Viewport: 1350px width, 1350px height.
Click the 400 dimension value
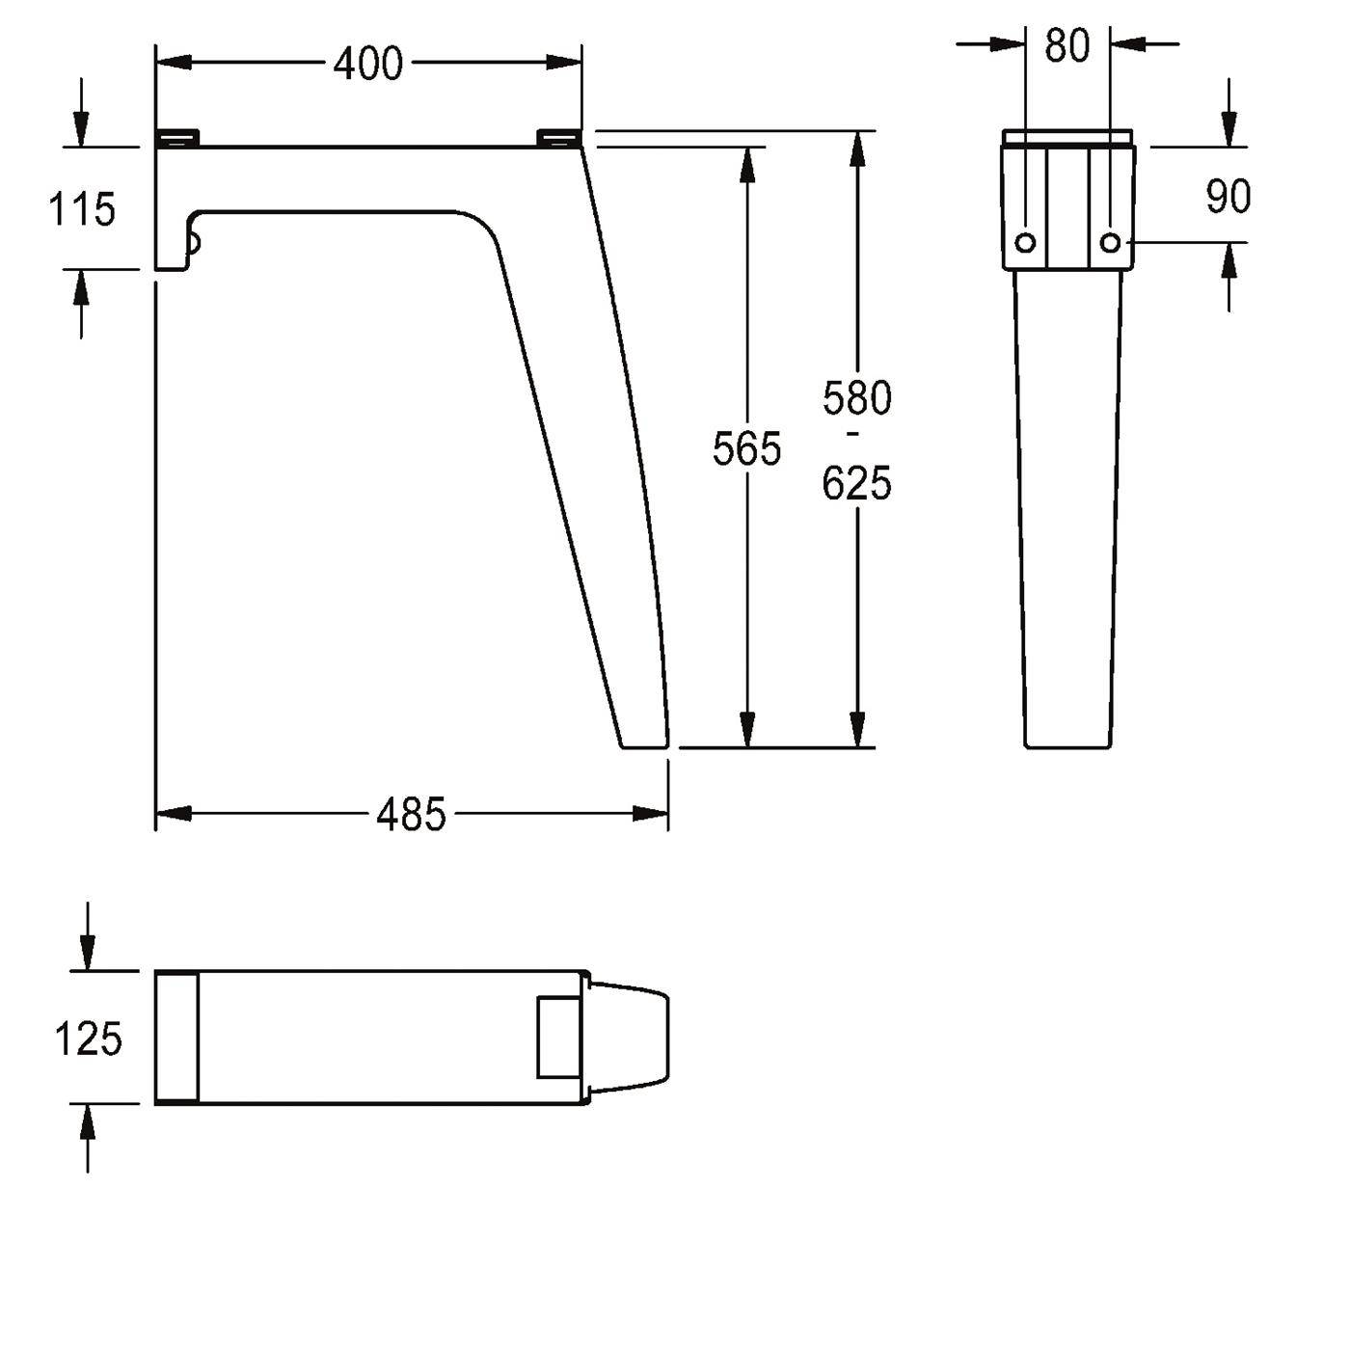pos(367,65)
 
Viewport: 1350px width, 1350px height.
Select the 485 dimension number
pos(411,815)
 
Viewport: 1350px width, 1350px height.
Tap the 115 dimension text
pos(82,209)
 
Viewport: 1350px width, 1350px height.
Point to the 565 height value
pos(746,449)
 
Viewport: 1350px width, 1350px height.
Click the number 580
pos(857,398)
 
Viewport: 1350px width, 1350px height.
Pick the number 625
pos(856,483)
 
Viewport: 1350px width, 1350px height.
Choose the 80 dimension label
pos(1066,46)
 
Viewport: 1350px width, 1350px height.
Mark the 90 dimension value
pos(1228,196)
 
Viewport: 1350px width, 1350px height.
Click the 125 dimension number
pos(89,1039)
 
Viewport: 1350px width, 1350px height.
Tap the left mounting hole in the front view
pos(1025,243)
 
